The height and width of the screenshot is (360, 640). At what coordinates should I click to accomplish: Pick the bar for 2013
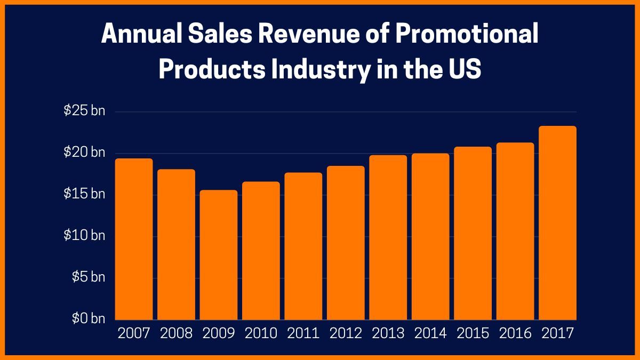click(388, 237)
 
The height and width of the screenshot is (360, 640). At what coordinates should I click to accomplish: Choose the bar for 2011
click(303, 246)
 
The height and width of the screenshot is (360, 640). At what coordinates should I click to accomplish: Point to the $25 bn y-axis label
click(84, 111)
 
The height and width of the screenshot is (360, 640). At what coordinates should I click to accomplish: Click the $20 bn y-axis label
click(84, 153)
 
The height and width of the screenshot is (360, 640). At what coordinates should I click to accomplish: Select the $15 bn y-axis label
click(84, 194)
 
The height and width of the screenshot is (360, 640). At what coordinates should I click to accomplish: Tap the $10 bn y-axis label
click(84, 236)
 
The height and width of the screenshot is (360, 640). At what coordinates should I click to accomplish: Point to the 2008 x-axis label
click(176, 334)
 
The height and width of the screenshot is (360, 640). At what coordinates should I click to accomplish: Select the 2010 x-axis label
click(261, 334)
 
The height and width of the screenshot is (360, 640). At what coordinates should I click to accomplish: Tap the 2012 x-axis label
click(346, 334)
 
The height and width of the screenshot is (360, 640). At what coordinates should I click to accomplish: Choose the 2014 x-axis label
click(430, 334)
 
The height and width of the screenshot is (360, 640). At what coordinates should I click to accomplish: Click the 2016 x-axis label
click(515, 334)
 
